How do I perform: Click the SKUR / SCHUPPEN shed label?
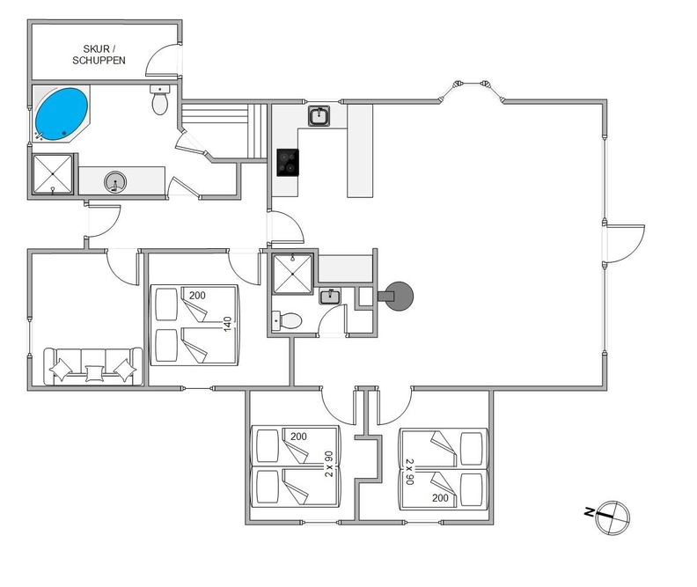point(99,55)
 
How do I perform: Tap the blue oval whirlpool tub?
point(62,114)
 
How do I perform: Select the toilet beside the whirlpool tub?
point(159,99)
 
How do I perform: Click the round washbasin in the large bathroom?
point(115,182)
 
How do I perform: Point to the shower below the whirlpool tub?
point(53,173)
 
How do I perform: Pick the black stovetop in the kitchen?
point(288,163)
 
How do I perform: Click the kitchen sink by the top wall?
point(319,116)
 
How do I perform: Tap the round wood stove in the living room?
point(399,297)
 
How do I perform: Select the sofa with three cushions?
point(93,366)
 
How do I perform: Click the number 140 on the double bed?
point(228,324)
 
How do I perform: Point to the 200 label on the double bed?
point(197,296)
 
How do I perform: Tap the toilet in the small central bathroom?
point(287,320)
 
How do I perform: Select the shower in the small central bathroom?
point(292,275)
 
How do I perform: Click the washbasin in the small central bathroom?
point(330,297)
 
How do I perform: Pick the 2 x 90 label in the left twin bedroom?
point(329,464)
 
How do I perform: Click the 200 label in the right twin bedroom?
point(440,498)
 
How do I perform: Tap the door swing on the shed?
point(163,60)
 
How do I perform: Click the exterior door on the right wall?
point(625,244)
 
